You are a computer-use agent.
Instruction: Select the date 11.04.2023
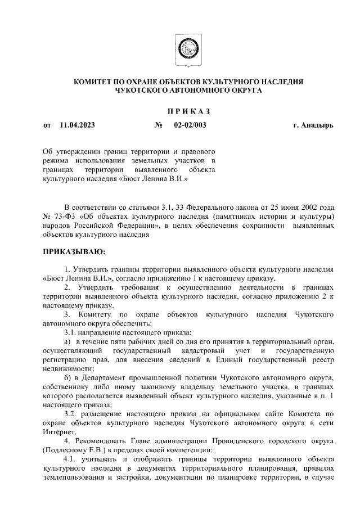[77, 125]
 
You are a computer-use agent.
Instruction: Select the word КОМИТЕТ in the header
[95, 82]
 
